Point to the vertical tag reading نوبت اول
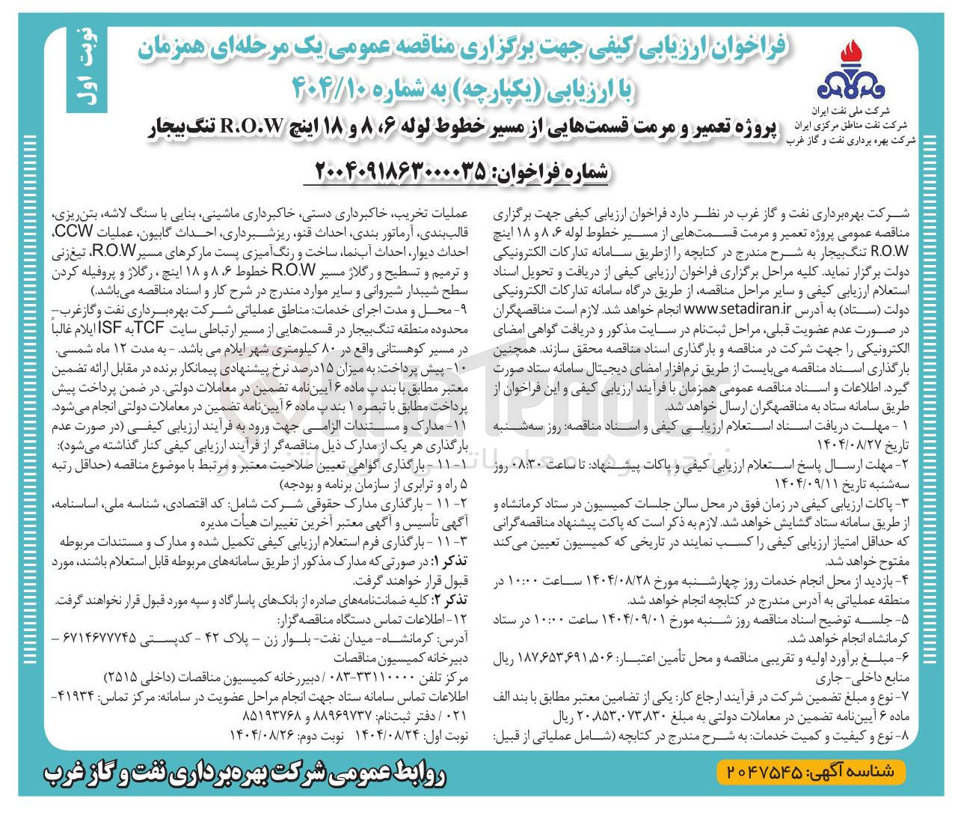click(x=85, y=71)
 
